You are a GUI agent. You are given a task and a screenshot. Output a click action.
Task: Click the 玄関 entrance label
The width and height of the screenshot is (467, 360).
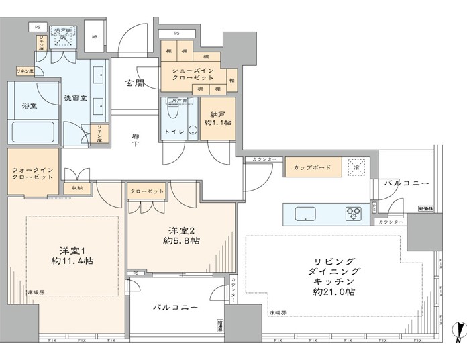(134, 83)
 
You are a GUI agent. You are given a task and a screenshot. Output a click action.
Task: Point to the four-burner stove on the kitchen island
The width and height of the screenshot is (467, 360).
(354, 214)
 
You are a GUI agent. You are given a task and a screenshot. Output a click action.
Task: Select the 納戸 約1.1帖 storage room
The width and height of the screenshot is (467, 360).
(217, 118)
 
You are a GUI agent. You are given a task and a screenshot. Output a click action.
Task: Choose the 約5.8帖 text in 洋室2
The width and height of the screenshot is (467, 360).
(182, 240)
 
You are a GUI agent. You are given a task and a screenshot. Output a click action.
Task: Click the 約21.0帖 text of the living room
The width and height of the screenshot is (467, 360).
(333, 292)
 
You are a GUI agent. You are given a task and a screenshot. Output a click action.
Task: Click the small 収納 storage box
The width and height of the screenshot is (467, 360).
(78, 188)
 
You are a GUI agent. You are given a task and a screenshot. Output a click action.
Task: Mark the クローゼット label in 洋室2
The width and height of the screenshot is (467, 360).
(146, 191)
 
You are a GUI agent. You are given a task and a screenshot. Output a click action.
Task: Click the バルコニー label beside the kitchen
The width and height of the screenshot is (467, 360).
(405, 183)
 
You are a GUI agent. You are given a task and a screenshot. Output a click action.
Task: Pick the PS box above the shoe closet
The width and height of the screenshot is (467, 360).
(176, 32)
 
